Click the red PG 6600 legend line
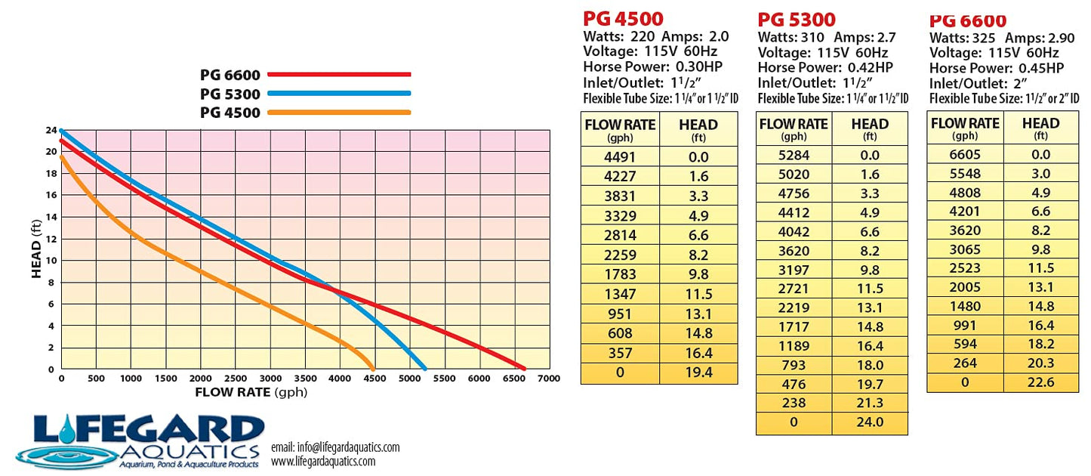click(x=339, y=75)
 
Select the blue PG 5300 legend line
click(x=339, y=94)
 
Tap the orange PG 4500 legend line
click(x=339, y=113)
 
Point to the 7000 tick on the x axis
click(x=549, y=379)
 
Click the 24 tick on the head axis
click(x=51, y=130)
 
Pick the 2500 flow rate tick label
click(x=236, y=379)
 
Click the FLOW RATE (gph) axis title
click(x=251, y=392)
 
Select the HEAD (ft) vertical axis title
click(x=36, y=249)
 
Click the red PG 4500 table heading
click(x=623, y=19)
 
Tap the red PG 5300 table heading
click(x=797, y=20)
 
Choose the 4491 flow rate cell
click(x=620, y=157)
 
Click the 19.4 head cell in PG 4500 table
click(x=698, y=372)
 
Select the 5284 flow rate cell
click(x=794, y=156)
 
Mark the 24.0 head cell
click(x=870, y=422)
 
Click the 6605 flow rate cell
click(x=965, y=154)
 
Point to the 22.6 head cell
click(x=1041, y=382)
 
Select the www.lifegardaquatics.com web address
click(x=323, y=462)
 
